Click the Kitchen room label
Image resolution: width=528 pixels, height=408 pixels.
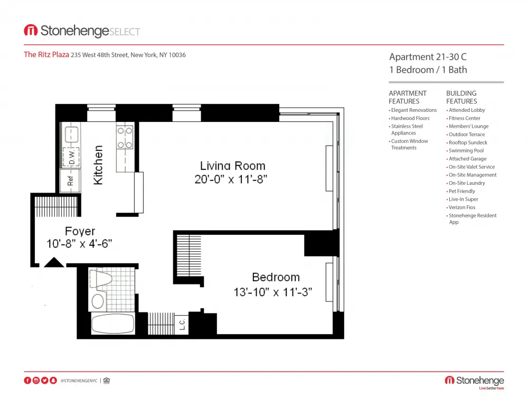pos(98,166)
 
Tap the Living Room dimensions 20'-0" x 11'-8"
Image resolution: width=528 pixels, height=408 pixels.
pos(231,179)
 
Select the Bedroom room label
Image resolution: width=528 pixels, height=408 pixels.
pos(276,277)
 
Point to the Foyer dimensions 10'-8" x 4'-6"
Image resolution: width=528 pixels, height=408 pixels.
pos(79,244)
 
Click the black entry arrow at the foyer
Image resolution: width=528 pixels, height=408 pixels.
pos(54,262)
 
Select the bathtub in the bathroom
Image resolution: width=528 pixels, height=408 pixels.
pos(113,324)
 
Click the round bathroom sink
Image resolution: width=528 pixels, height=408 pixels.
pos(98,301)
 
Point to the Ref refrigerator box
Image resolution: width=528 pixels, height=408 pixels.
pos(70,180)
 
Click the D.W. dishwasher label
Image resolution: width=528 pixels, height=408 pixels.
pos(71,156)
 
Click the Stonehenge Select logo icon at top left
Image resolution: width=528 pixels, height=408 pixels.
pos(31,31)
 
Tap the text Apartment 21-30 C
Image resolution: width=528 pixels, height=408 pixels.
pos(428,57)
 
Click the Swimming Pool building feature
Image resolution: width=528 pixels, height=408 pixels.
pos(466,150)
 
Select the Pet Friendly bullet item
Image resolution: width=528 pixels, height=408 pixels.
pos(461,191)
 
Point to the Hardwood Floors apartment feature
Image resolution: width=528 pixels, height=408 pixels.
pos(410,118)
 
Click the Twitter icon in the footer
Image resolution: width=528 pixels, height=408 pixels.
pos(45,380)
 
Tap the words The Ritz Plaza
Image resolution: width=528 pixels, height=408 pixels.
pos(46,54)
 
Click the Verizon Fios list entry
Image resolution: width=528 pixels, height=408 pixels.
pos(461,207)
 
